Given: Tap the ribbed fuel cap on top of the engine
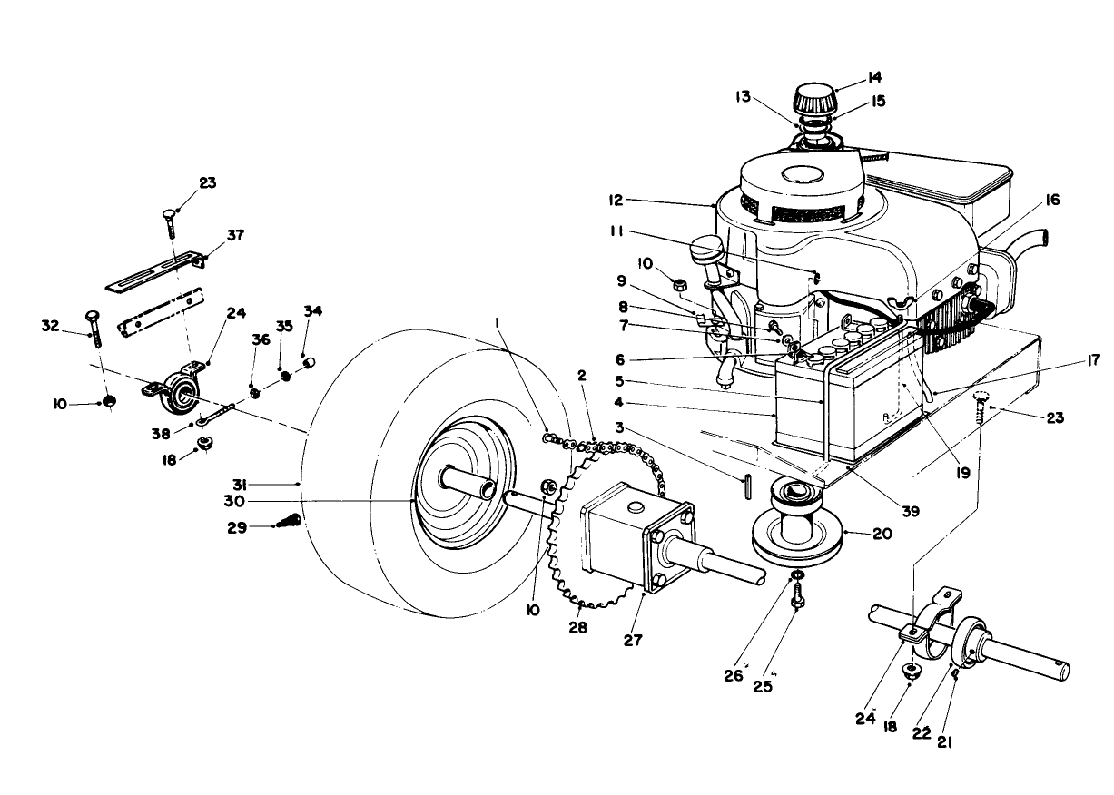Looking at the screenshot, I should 815,97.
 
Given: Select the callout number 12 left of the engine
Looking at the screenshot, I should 618,199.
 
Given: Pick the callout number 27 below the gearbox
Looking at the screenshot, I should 633,640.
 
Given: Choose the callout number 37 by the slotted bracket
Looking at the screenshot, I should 235,235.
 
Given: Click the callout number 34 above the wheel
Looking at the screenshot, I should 313,311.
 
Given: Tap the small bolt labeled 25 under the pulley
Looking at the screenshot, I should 796,599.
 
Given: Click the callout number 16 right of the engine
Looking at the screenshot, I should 1052,199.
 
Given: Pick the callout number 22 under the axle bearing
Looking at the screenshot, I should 921,733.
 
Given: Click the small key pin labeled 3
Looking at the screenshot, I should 745,486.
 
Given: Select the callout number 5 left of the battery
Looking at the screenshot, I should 619,380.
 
